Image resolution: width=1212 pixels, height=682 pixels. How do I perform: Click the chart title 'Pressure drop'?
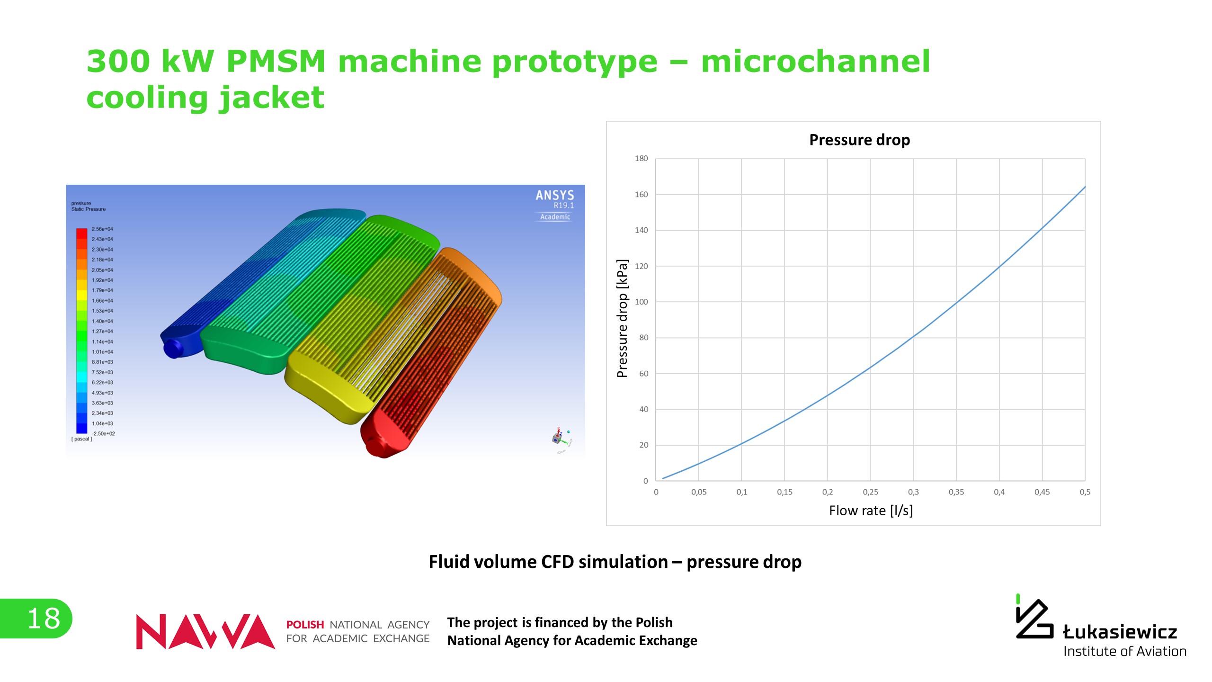tap(859, 140)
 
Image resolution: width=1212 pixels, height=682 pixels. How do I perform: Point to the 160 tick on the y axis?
tap(641, 195)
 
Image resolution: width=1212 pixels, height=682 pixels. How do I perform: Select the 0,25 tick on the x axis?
tap(870, 492)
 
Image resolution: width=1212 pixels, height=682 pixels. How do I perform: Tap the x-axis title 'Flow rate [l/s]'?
tap(871, 511)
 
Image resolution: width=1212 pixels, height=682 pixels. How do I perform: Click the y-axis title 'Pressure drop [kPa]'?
tap(622, 318)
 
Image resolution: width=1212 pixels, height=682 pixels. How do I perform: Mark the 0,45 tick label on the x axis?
tap(1042, 492)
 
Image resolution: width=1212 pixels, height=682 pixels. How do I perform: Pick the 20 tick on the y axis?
tap(643, 445)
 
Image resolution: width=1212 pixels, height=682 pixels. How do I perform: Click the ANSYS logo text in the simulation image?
tap(554, 195)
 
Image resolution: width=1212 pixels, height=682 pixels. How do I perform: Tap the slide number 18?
tap(44, 619)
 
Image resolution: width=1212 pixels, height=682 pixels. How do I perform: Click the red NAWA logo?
tap(205, 631)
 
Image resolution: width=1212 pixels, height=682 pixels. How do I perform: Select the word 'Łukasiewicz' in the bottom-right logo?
tap(1120, 632)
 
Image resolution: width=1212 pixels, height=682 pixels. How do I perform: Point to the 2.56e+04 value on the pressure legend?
tap(102, 229)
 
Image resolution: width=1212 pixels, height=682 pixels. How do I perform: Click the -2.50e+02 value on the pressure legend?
tap(103, 434)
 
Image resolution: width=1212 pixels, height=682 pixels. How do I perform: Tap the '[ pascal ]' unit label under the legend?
tap(81, 439)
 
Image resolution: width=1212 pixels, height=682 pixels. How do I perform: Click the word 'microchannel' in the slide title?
tap(815, 62)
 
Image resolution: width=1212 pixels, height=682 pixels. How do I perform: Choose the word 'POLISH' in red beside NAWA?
tap(305, 625)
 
